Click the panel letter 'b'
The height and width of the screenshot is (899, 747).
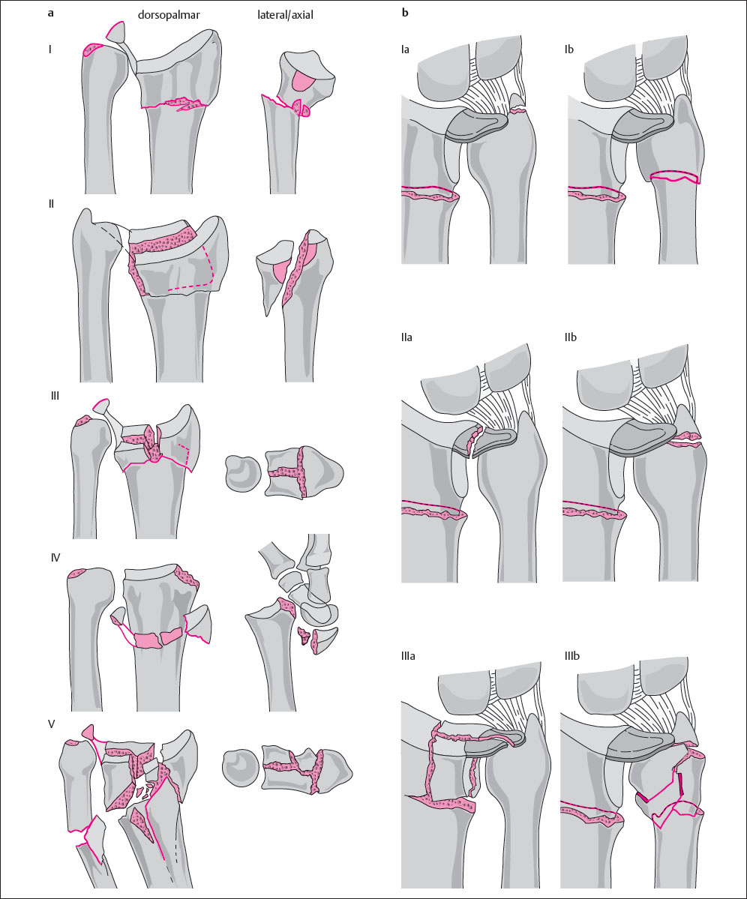pyautogui.click(x=405, y=13)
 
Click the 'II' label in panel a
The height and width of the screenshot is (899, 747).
pyautogui.click(x=51, y=203)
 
